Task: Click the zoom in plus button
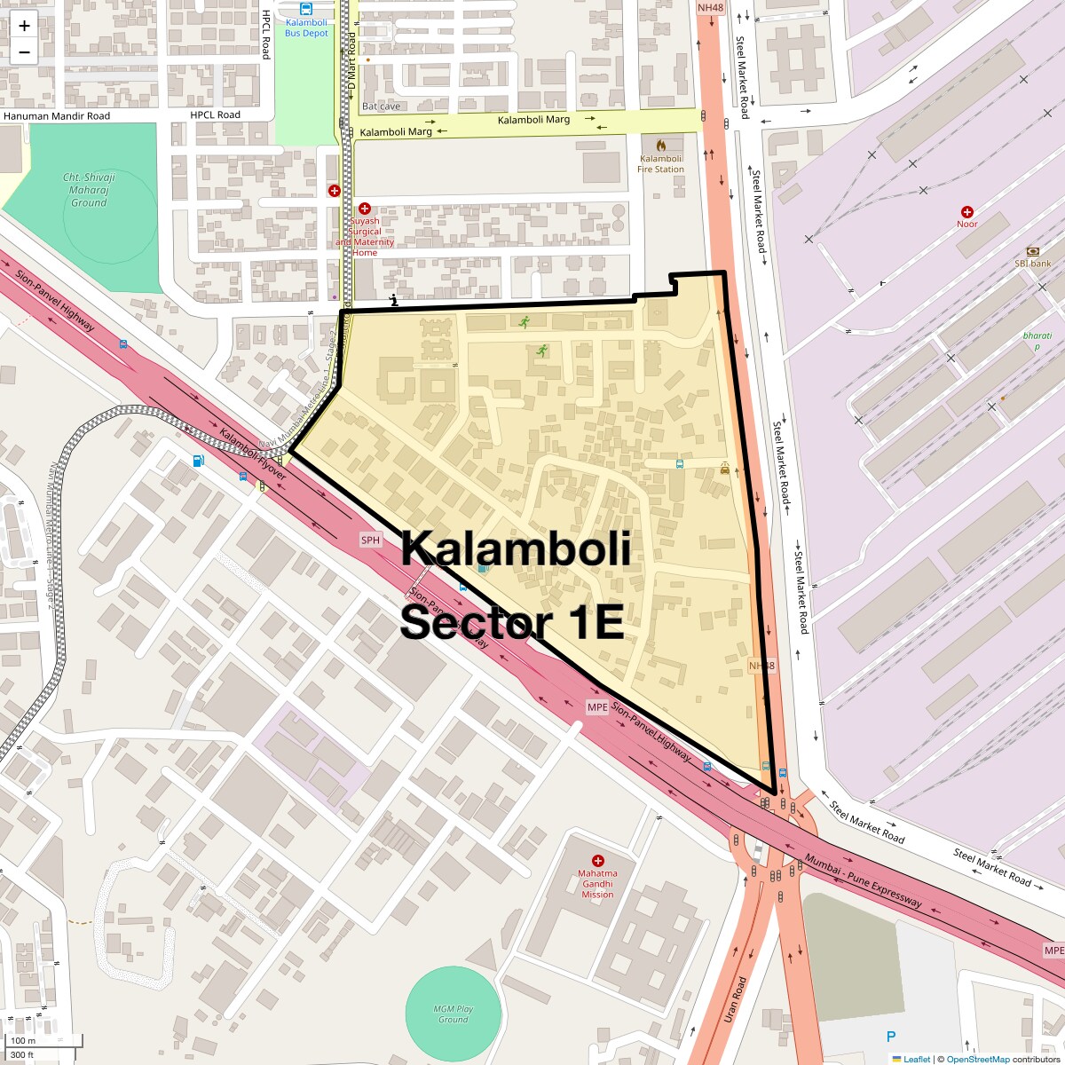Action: tap(24, 26)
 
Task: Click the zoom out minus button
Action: tap(24, 52)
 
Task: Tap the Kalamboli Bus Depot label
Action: tap(306, 28)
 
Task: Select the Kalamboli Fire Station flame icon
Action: tap(660, 145)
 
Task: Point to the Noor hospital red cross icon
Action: tap(967, 211)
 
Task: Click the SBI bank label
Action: tap(1033, 264)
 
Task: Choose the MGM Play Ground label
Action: tap(453, 1014)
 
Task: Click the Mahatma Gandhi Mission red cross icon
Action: tap(597, 861)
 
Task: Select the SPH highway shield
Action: tap(370, 540)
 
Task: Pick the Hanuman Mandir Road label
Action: tap(57, 116)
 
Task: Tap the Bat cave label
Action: tap(382, 106)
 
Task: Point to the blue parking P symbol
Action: tap(891, 1037)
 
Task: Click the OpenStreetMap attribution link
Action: tap(977, 1059)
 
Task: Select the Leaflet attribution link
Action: tap(917, 1059)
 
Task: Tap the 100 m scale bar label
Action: tap(23, 1040)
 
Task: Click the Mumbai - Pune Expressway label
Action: tap(864, 880)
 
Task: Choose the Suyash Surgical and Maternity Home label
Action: tap(365, 236)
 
